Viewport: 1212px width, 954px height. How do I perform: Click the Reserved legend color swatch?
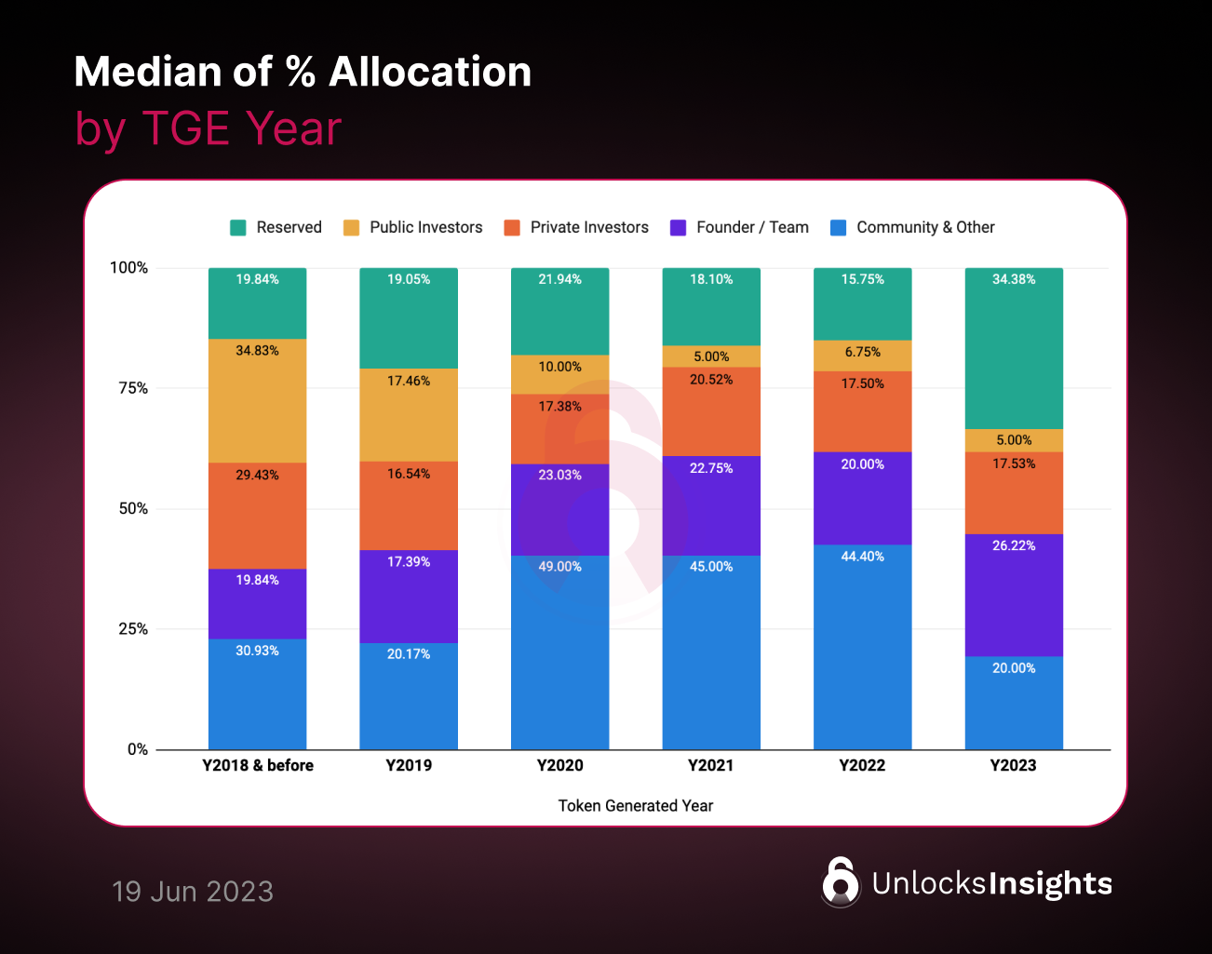238,228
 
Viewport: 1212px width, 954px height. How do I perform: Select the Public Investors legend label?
425,228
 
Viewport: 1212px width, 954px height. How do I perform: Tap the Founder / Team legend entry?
752,228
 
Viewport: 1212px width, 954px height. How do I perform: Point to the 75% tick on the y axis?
133,388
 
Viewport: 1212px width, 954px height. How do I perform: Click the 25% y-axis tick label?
133,629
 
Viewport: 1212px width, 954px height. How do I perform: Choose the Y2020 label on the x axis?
559,766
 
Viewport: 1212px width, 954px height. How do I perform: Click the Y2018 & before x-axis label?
258,766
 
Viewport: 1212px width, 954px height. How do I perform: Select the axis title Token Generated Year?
636,806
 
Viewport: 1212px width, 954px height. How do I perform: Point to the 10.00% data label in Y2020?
559,367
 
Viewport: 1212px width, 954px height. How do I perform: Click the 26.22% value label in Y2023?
1014,546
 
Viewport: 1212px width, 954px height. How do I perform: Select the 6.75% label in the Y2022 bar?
862,353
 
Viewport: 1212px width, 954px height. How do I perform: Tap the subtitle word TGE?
185,128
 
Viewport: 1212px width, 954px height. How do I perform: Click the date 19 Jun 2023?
193,892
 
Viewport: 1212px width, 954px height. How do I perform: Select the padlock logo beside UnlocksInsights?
841,881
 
